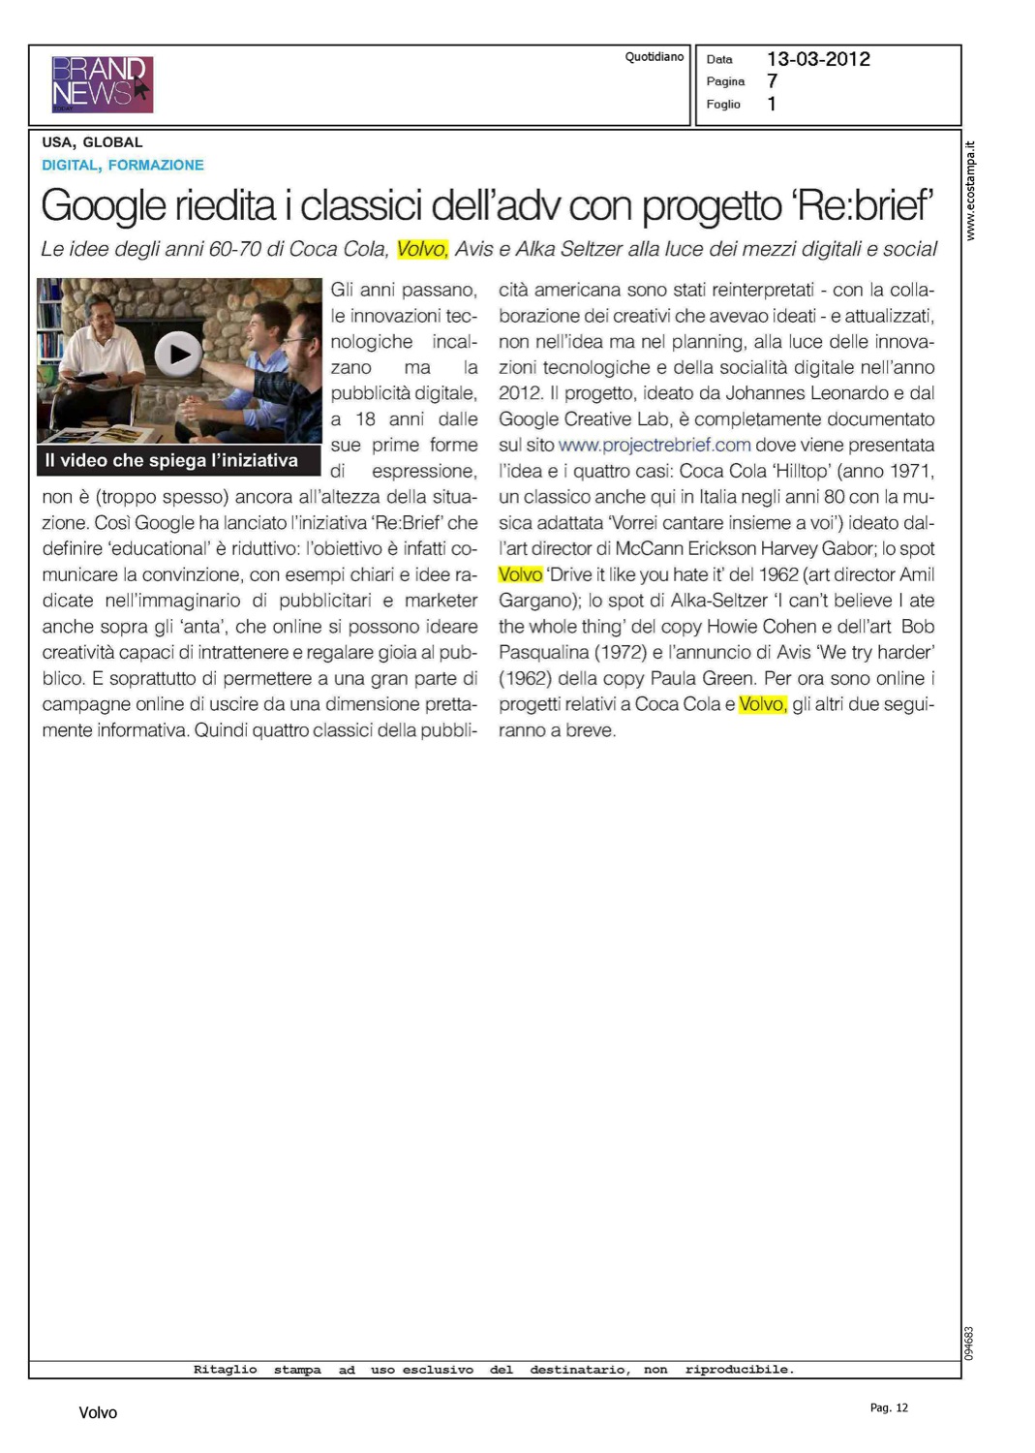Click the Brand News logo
pyautogui.click(x=102, y=84)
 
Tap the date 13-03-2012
pyautogui.click(x=818, y=59)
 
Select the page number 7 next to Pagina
pyautogui.click(x=772, y=81)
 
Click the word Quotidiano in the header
pyautogui.click(x=654, y=57)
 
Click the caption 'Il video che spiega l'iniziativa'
pyautogui.click(x=171, y=461)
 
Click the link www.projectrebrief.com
pyautogui.click(x=654, y=446)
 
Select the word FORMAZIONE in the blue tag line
pyautogui.click(x=156, y=166)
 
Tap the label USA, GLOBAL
pyautogui.click(x=92, y=142)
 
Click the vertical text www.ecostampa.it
pyautogui.click(x=971, y=191)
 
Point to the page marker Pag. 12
pyautogui.click(x=889, y=1407)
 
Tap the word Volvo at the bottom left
pyautogui.click(x=98, y=1413)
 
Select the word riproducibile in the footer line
pyautogui.click(x=739, y=1370)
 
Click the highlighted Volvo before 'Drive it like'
pyautogui.click(x=520, y=574)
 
